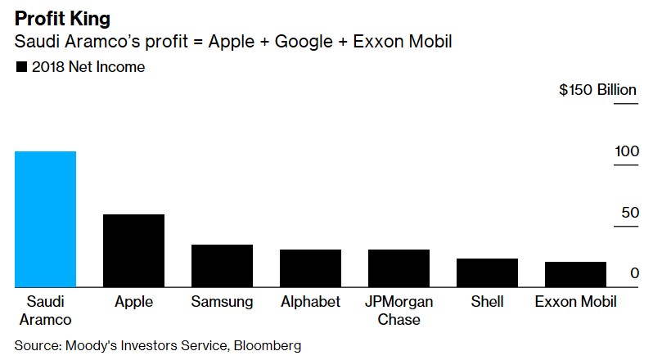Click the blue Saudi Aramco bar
point(45,219)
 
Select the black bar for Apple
point(133,250)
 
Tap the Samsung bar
point(222,266)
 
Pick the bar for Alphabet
point(310,268)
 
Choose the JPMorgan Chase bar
point(399,268)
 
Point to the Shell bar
point(487,272)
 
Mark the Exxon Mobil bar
point(575,274)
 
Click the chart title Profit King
point(62,17)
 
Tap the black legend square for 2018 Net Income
point(21,68)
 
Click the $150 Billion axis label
point(597,90)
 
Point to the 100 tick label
point(627,152)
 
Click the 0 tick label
point(634,273)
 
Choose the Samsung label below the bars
point(222,302)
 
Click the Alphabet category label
point(310,302)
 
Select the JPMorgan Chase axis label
point(399,310)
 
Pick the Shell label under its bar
point(487,302)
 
